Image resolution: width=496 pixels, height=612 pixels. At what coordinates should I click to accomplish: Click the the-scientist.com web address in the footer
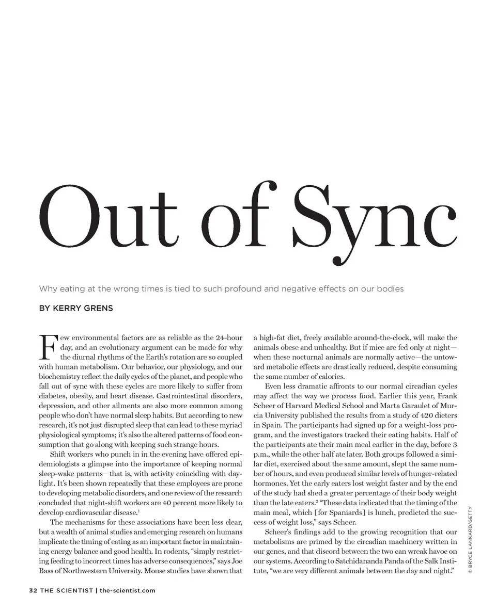[127, 590]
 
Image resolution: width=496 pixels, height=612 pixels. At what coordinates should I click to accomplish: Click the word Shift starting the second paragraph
[60, 454]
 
